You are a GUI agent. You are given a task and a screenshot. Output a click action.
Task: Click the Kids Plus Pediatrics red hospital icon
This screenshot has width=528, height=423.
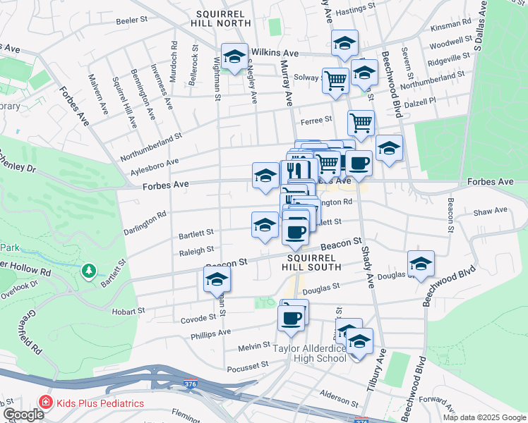(x=47, y=403)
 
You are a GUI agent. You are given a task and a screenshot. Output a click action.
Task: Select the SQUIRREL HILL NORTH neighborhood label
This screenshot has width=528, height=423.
(x=221, y=18)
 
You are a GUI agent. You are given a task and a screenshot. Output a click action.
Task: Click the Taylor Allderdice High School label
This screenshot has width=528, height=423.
(x=311, y=353)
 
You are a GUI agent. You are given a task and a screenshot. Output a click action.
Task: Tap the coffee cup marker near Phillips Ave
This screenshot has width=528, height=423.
(x=292, y=319)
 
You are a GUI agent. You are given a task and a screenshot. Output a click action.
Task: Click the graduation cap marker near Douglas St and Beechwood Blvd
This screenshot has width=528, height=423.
(x=421, y=264)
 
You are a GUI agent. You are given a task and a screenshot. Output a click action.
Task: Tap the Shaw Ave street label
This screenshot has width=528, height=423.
(x=491, y=211)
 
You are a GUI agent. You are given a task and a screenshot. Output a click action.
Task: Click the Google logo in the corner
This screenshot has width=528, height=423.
(x=23, y=415)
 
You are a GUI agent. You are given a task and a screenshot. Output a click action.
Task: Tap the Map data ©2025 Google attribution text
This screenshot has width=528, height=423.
(x=484, y=417)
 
